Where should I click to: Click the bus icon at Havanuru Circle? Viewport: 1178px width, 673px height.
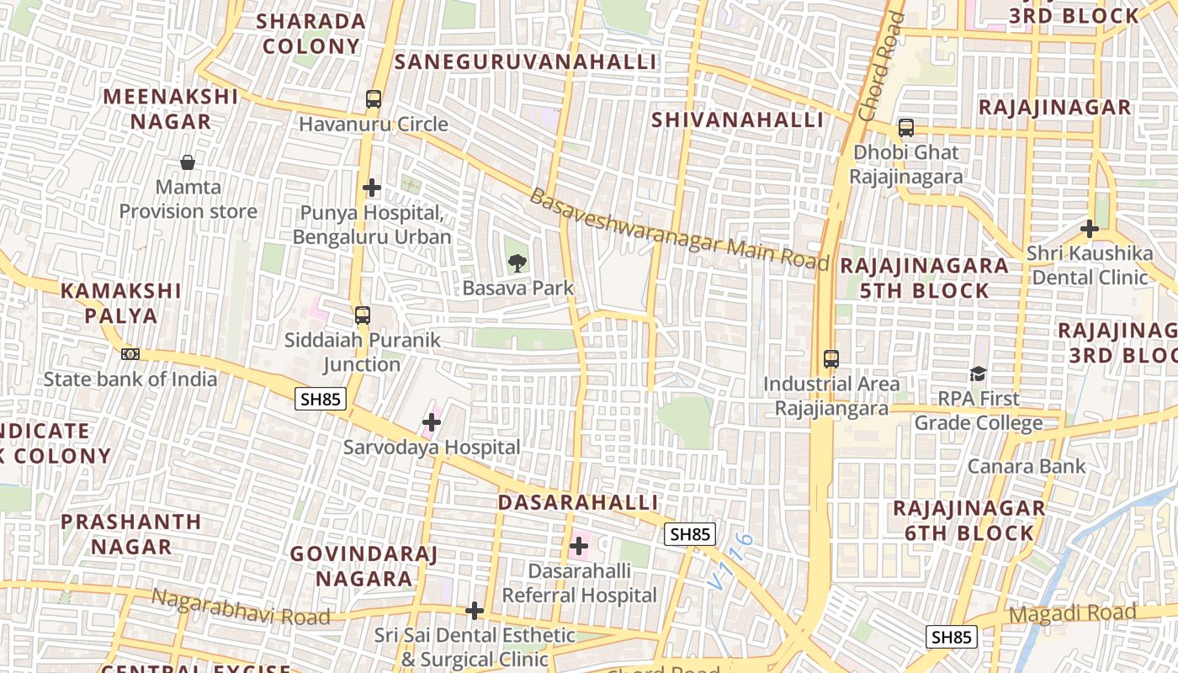pos(374,99)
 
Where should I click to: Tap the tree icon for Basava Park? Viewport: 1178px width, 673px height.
pos(517,262)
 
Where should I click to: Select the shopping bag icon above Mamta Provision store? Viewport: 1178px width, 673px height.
pos(188,162)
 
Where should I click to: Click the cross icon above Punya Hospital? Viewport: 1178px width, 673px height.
pos(372,187)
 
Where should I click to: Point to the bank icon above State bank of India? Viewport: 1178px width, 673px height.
pos(130,354)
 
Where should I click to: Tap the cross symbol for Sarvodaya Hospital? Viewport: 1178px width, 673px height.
pos(432,421)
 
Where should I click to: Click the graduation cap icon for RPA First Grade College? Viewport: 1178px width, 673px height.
pos(978,374)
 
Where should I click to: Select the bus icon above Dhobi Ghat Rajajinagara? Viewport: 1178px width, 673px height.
pos(906,128)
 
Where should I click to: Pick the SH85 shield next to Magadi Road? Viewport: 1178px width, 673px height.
pos(952,637)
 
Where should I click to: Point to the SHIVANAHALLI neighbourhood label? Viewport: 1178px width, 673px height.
pos(737,119)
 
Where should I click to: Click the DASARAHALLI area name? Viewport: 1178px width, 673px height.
pos(578,502)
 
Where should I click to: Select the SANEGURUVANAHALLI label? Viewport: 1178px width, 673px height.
pos(525,61)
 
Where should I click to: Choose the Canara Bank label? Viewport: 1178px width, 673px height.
pos(1027,465)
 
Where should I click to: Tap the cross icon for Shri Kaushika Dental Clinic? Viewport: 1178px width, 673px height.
pos(1090,228)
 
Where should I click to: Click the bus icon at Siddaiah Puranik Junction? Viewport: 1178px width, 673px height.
pos(363,315)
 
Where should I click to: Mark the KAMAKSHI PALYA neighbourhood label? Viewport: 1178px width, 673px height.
pos(120,303)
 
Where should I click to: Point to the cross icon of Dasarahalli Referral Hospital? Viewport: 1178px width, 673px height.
pos(579,546)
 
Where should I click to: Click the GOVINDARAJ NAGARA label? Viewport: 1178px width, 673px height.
pos(364,566)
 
